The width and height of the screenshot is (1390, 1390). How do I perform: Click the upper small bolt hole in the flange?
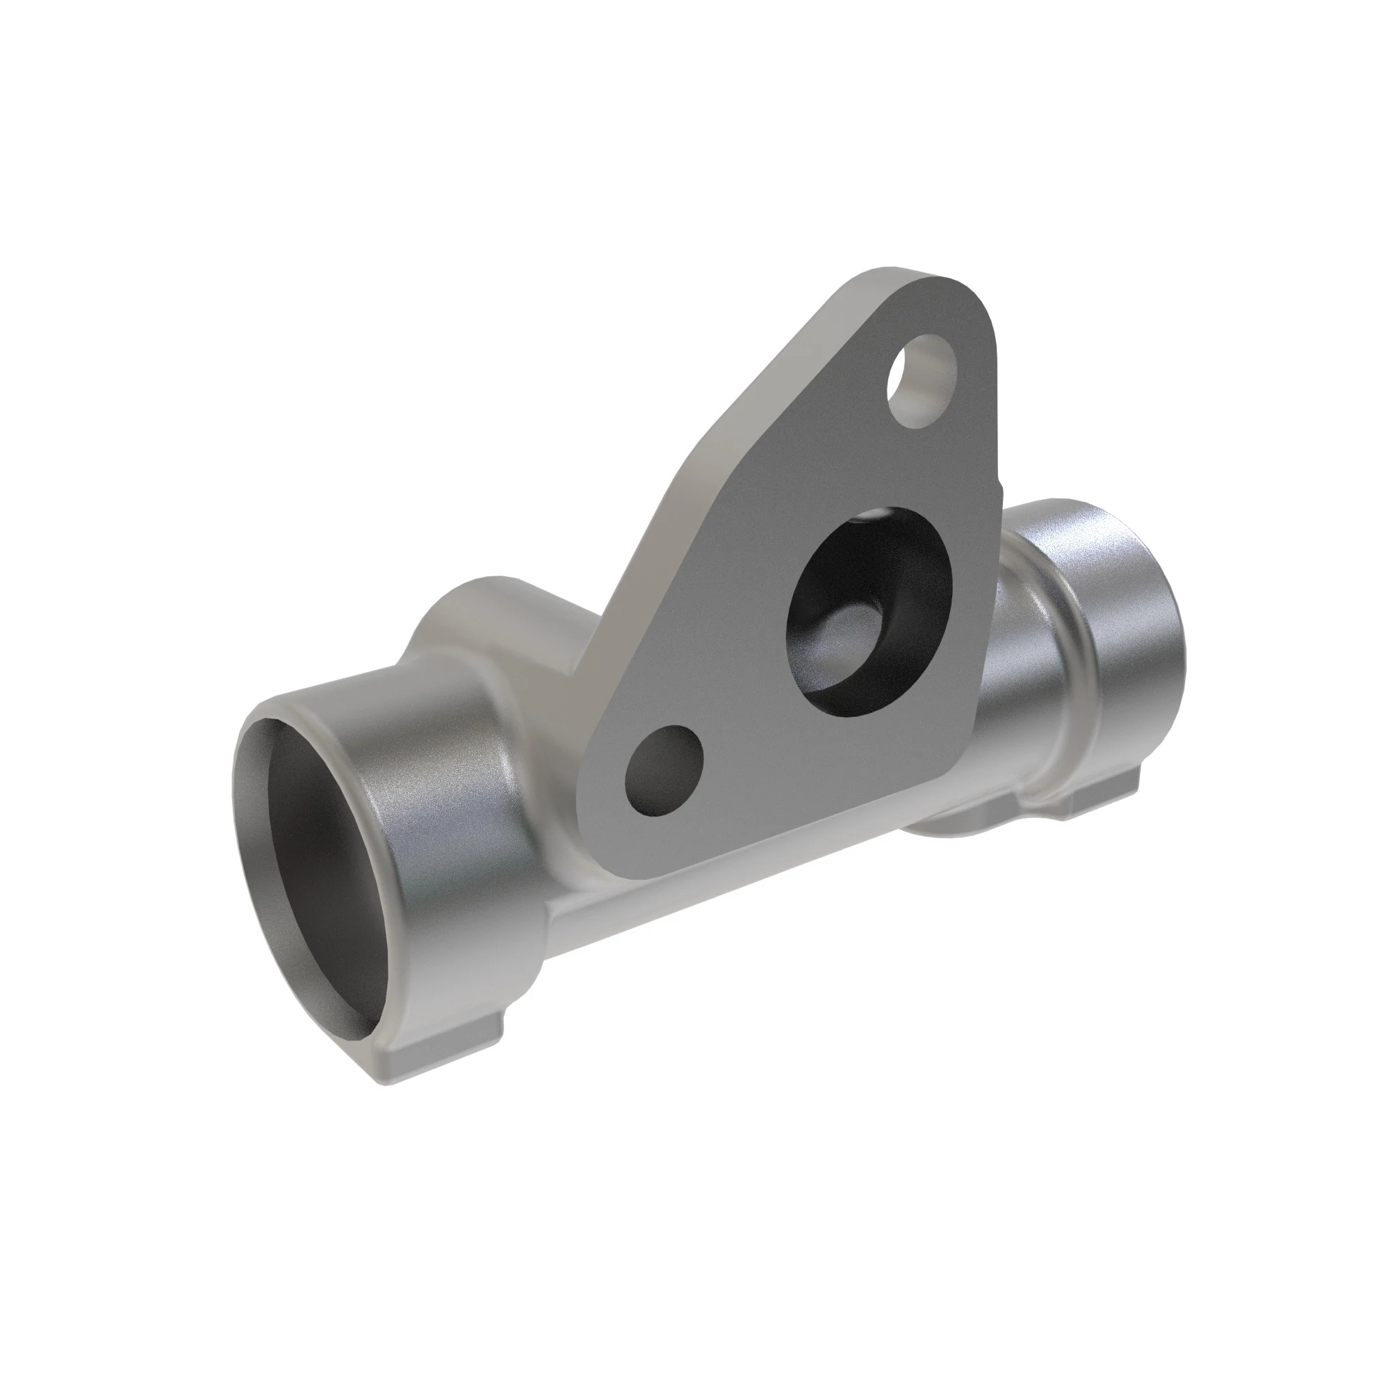[923, 381]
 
